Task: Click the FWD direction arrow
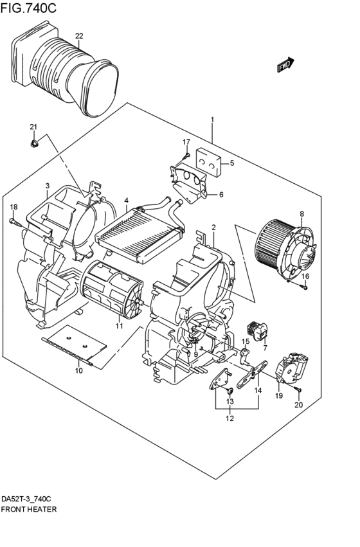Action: (x=285, y=64)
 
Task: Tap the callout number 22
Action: (x=79, y=36)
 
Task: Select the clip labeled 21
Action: (x=34, y=143)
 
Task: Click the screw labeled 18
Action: (x=15, y=222)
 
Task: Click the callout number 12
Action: (x=230, y=418)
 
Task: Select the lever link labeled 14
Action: (x=252, y=374)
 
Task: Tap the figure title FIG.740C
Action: (x=28, y=8)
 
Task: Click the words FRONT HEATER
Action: (x=28, y=509)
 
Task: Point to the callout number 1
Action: (x=212, y=120)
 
